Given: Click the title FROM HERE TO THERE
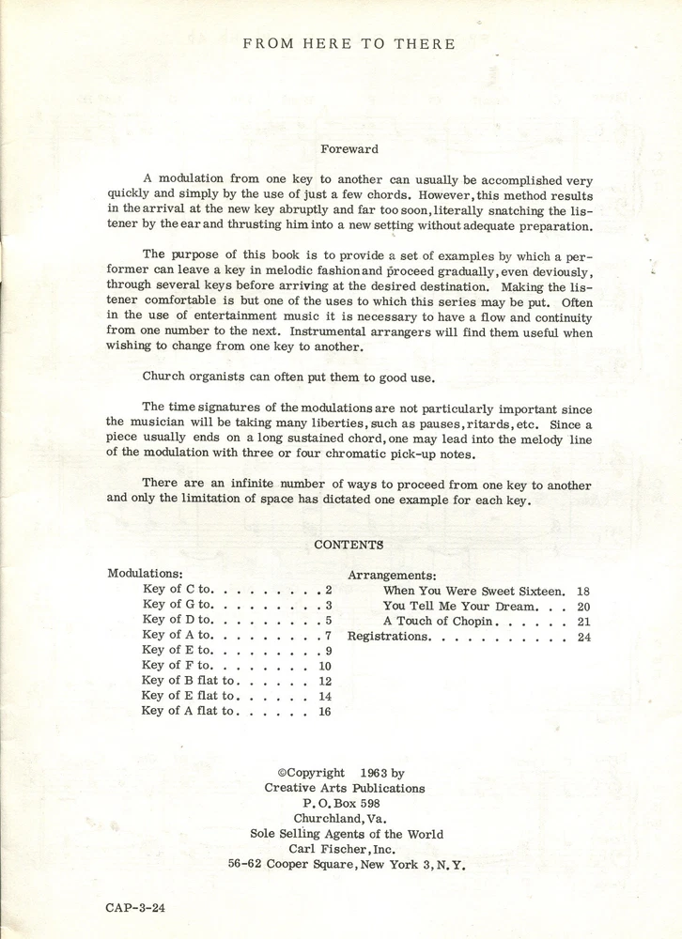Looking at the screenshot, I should click(349, 43).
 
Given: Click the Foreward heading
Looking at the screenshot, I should click(349, 148).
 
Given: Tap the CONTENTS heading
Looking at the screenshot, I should click(349, 545).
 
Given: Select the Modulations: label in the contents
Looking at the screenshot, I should click(145, 573).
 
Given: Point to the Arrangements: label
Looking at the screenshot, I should click(392, 575).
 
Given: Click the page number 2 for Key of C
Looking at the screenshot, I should click(329, 590).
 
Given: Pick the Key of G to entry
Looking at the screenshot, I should click(178, 605).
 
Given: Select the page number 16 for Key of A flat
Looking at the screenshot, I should click(325, 711).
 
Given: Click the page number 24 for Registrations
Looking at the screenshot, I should click(584, 636).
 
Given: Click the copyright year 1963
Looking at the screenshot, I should click(376, 773).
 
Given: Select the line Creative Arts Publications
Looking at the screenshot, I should click(345, 788).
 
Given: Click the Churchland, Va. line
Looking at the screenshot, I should click(348, 819).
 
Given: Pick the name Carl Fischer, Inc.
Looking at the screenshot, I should click(348, 849).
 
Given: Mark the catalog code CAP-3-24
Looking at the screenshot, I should click(136, 909).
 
